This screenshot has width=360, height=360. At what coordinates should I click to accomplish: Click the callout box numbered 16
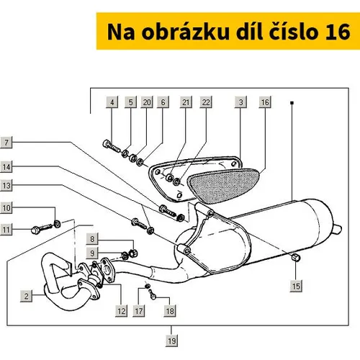tap(265, 102)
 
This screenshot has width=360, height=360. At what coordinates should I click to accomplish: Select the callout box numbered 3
tap(240, 102)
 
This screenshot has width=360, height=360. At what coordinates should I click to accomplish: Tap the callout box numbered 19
tap(171, 341)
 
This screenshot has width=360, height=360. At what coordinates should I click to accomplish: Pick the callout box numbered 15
tap(296, 286)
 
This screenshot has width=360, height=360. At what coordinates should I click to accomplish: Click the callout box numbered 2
tap(26, 296)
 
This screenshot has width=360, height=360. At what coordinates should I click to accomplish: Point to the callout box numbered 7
tap(6, 143)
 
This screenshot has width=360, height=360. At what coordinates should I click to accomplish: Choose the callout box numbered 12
tap(121, 311)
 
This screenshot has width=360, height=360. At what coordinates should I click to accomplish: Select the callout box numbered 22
tap(206, 102)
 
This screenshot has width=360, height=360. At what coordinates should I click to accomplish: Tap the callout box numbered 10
tap(6, 207)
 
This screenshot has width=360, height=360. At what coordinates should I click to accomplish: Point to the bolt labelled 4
tap(111, 146)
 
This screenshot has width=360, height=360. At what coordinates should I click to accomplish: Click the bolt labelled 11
tap(41, 228)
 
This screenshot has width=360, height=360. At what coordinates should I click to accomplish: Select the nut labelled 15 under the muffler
tap(296, 257)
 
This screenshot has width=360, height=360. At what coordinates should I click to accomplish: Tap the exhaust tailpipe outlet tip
tap(338, 230)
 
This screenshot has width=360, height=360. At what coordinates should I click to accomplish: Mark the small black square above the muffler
tap(292, 103)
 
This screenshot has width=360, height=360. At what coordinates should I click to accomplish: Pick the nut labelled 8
tap(133, 253)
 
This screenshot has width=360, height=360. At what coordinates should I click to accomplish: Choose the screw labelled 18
tap(153, 294)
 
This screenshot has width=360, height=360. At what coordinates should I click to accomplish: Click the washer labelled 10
tap(58, 224)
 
